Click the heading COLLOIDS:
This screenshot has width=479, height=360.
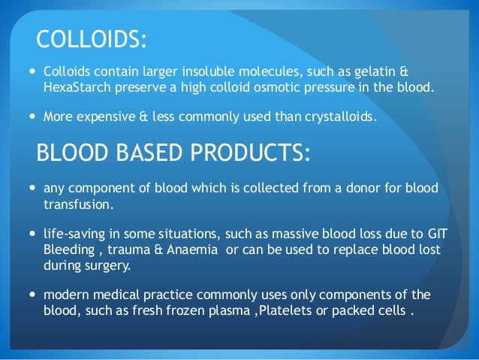(91, 40)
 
